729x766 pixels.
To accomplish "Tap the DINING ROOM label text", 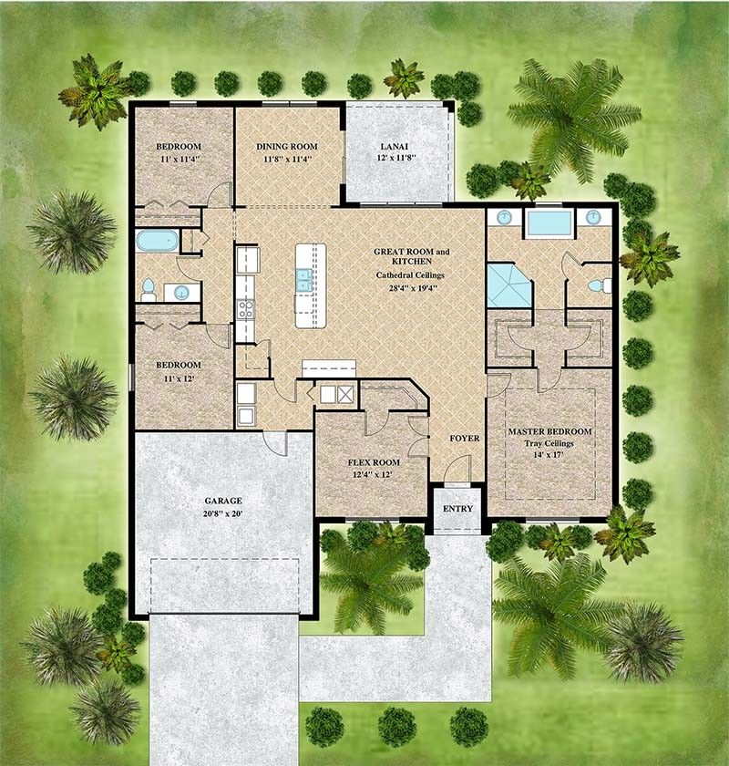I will pos(286,146).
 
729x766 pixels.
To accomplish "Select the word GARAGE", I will pos(223,501).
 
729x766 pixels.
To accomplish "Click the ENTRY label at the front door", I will pos(457,508).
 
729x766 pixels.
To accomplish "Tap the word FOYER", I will pos(464,439).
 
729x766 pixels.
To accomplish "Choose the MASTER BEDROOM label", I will pos(549,431).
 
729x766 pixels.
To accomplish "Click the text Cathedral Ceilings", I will pos(412,274).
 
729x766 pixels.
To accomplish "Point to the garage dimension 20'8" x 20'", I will pos(223,513).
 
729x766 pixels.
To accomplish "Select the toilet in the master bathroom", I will pos(597,285).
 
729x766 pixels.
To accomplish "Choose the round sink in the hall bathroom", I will pos(182,293).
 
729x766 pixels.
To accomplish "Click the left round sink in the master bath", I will pos(502,218).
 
